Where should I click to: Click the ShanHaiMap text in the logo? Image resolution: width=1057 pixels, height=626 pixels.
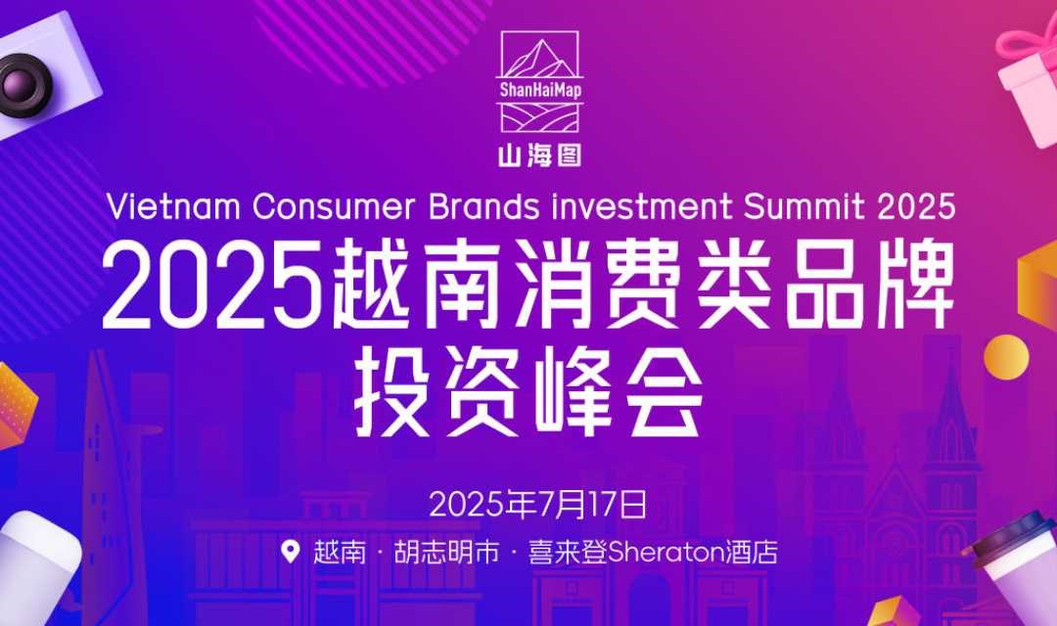[x=540, y=90]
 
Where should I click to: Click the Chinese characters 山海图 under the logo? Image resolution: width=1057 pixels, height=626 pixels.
[x=539, y=156]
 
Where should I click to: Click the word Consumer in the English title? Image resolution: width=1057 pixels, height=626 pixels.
[x=334, y=206]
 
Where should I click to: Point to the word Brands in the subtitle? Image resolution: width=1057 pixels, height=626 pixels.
[x=484, y=206]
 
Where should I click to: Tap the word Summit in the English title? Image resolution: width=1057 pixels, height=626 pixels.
[x=804, y=206]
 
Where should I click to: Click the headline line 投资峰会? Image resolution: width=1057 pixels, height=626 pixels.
[x=528, y=392]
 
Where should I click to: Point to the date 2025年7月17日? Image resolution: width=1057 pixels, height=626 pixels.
[x=538, y=504]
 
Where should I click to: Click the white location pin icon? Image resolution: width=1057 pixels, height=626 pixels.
[x=291, y=552]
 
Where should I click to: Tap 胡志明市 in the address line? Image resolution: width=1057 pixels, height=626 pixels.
[x=447, y=553]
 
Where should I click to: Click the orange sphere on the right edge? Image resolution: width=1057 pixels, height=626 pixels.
[x=1006, y=355]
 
